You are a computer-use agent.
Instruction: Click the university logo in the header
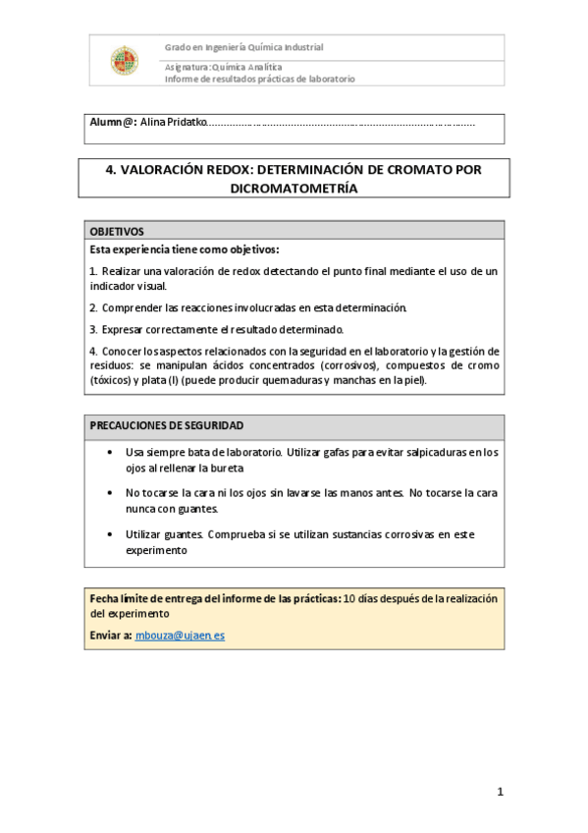[125, 61]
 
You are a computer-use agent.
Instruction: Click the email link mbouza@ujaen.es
[180, 636]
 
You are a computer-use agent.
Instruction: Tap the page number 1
[500, 792]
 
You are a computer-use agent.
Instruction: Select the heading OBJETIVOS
[117, 230]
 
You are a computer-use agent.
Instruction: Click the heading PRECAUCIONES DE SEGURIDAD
[167, 426]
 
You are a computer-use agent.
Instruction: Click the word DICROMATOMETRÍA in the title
[294, 189]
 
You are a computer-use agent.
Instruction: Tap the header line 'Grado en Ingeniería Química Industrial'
[243, 47]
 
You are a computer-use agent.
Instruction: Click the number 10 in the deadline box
[350, 598]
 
